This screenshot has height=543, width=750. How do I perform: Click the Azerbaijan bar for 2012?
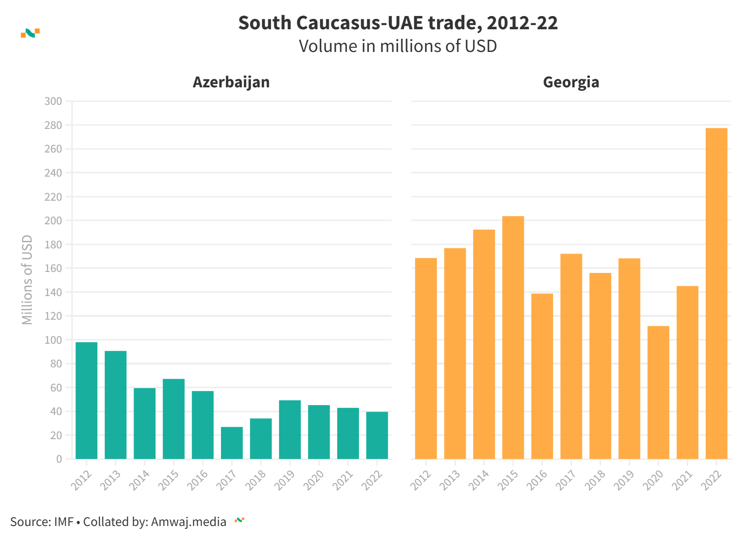coord(86,400)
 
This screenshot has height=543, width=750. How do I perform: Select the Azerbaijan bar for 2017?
coord(232,443)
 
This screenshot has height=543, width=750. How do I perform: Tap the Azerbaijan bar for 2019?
coord(290,430)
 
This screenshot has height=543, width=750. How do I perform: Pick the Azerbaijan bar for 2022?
coord(377,435)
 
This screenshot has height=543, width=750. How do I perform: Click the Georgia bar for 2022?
coord(716,293)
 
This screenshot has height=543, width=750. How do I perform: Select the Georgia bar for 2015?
coord(513,337)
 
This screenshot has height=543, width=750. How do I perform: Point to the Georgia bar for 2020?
coord(658,392)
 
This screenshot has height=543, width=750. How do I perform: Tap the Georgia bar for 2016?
coord(542,376)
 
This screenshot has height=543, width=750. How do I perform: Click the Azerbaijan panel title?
coord(231,82)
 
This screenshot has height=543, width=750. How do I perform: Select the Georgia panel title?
coord(571,82)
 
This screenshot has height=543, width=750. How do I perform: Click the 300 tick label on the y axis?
coord(53,101)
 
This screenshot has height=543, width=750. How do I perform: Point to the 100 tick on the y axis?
coord(53,340)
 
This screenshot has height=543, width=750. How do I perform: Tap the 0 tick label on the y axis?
coord(59,459)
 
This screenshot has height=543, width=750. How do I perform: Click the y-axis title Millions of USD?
coord(27,280)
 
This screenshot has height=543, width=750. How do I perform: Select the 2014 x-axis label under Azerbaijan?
coord(140,480)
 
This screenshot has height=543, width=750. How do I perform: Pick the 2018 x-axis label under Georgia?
coord(595,480)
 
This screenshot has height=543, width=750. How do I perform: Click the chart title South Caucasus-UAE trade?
coord(398,23)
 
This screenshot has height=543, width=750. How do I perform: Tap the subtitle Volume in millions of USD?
coord(398,46)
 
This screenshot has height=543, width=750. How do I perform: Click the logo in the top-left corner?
coord(30,33)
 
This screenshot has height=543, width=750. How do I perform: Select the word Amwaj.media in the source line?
coord(188,522)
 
